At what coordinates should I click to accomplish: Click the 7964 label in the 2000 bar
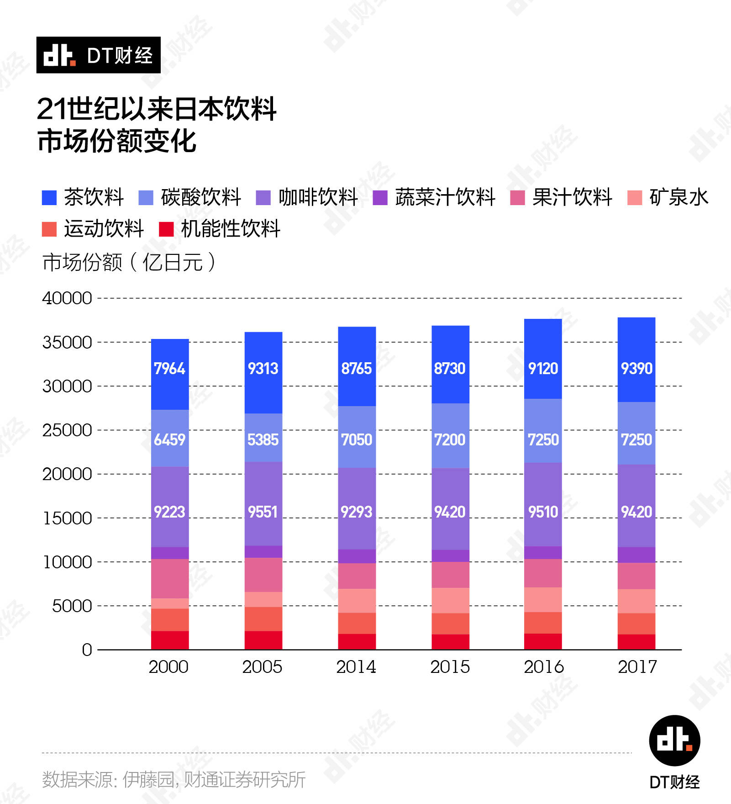tap(169, 369)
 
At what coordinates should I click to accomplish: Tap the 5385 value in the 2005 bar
tap(263, 440)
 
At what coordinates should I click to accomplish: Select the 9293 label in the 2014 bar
tap(357, 512)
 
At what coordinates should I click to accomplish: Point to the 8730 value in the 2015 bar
tap(450, 369)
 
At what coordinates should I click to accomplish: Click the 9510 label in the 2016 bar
tap(543, 512)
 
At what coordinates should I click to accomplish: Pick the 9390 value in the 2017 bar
tap(636, 369)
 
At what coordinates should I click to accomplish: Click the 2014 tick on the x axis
tap(356, 667)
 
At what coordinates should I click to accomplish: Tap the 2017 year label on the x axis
tap(637, 667)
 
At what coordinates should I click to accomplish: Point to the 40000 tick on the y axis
tap(67, 298)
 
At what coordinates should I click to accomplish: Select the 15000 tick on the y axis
tap(68, 518)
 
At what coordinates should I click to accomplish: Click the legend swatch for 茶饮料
tap(49, 198)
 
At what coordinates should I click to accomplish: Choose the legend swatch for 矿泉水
tap(635, 198)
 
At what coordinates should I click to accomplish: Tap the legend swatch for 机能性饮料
tap(166, 229)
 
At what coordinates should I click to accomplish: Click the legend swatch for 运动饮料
tap(49, 229)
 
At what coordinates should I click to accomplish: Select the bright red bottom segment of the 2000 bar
tap(170, 640)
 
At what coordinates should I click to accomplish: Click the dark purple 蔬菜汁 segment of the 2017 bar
tap(636, 555)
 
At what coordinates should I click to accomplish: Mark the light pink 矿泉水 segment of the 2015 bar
tap(450, 600)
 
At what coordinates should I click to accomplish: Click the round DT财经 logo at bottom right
tap(674, 741)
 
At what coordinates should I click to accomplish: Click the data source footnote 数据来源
tap(174, 780)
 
